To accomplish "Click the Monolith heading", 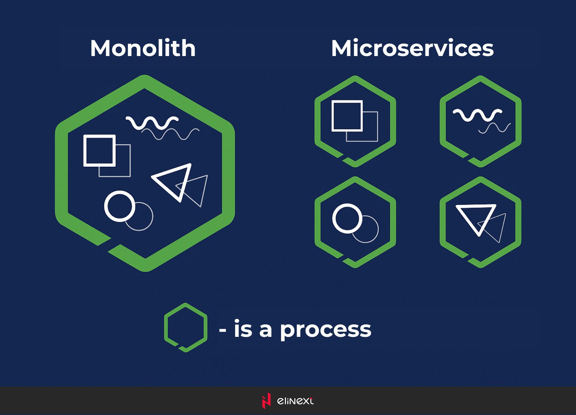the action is point(143,48).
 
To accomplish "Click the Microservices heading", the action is point(412,48).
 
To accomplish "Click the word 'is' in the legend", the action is point(243,328).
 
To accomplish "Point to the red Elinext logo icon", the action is point(266,400).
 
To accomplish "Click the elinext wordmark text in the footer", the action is point(295,401).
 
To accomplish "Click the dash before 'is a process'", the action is point(222,330).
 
